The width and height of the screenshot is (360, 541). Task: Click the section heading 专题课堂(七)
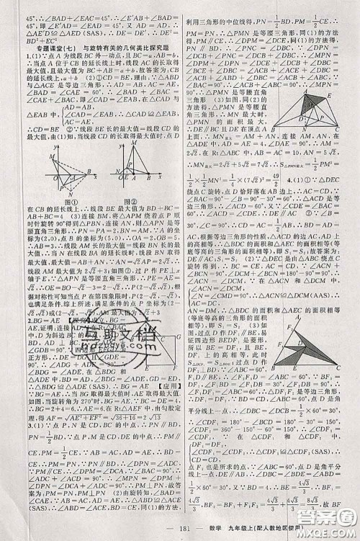point(49,45)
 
